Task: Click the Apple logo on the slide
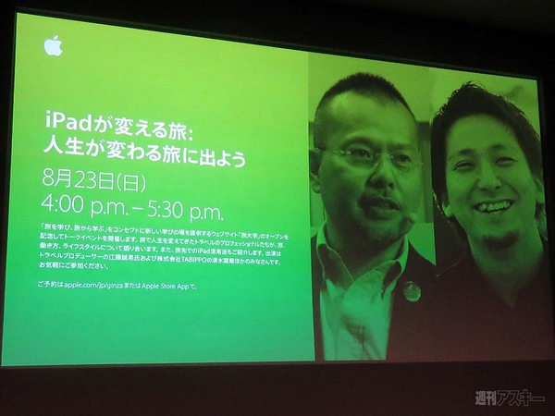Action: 54,46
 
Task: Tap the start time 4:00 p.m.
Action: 80,199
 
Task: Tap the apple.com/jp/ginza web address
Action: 100,288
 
